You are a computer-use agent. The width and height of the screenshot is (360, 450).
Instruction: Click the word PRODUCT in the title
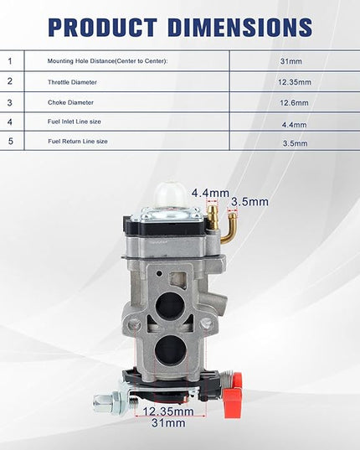click(x=103, y=28)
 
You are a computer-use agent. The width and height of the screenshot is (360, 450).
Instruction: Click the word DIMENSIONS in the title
click(x=240, y=28)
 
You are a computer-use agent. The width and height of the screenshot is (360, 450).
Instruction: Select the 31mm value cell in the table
click(x=291, y=61)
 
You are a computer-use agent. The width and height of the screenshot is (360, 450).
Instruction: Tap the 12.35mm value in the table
click(x=295, y=82)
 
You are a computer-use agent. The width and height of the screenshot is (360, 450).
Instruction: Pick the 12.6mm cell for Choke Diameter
click(x=294, y=103)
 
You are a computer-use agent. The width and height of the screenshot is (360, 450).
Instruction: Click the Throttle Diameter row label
click(x=72, y=82)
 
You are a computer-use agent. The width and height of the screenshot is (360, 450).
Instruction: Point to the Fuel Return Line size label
click(x=78, y=142)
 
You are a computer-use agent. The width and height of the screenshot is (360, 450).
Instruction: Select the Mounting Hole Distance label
click(x=107, y=61)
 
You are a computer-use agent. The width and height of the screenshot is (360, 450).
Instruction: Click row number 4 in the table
click(x=10, y=122)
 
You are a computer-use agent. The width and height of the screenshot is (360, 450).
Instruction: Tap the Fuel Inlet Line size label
click(x=75, y=122)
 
